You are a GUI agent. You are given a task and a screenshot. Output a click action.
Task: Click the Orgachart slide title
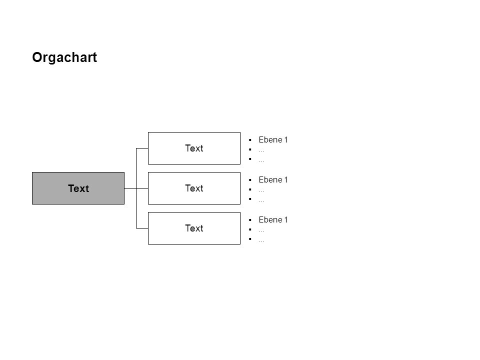64,57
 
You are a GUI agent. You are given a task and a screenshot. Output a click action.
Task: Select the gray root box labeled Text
78,188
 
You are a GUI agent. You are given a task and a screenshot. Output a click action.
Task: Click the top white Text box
194,148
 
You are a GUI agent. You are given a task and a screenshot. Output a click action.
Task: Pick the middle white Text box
194,188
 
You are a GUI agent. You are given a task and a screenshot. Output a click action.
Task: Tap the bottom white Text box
194,228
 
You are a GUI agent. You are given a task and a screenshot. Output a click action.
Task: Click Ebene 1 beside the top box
273,140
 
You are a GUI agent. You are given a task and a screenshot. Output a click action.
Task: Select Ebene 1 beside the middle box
273,179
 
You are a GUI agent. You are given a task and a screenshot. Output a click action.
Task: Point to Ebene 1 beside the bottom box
273,220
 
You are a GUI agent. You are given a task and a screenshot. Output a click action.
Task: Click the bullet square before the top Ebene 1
250,140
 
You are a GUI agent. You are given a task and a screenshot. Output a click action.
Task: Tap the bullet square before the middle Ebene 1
250,180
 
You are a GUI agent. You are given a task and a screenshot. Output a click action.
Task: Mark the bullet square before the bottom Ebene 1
250,220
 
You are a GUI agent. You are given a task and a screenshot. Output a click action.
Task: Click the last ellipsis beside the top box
261,161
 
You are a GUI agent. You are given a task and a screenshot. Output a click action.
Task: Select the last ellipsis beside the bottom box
261,241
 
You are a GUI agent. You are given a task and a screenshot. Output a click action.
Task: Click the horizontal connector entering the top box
142,148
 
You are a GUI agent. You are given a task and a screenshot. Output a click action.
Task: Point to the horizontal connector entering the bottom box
142,228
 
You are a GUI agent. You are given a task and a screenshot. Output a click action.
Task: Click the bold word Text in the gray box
78,188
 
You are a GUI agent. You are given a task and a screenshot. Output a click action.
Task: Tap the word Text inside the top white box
194,148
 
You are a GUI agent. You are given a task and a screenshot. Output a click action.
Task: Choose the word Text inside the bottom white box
194,228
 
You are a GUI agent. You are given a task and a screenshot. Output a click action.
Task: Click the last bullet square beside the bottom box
250,239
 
